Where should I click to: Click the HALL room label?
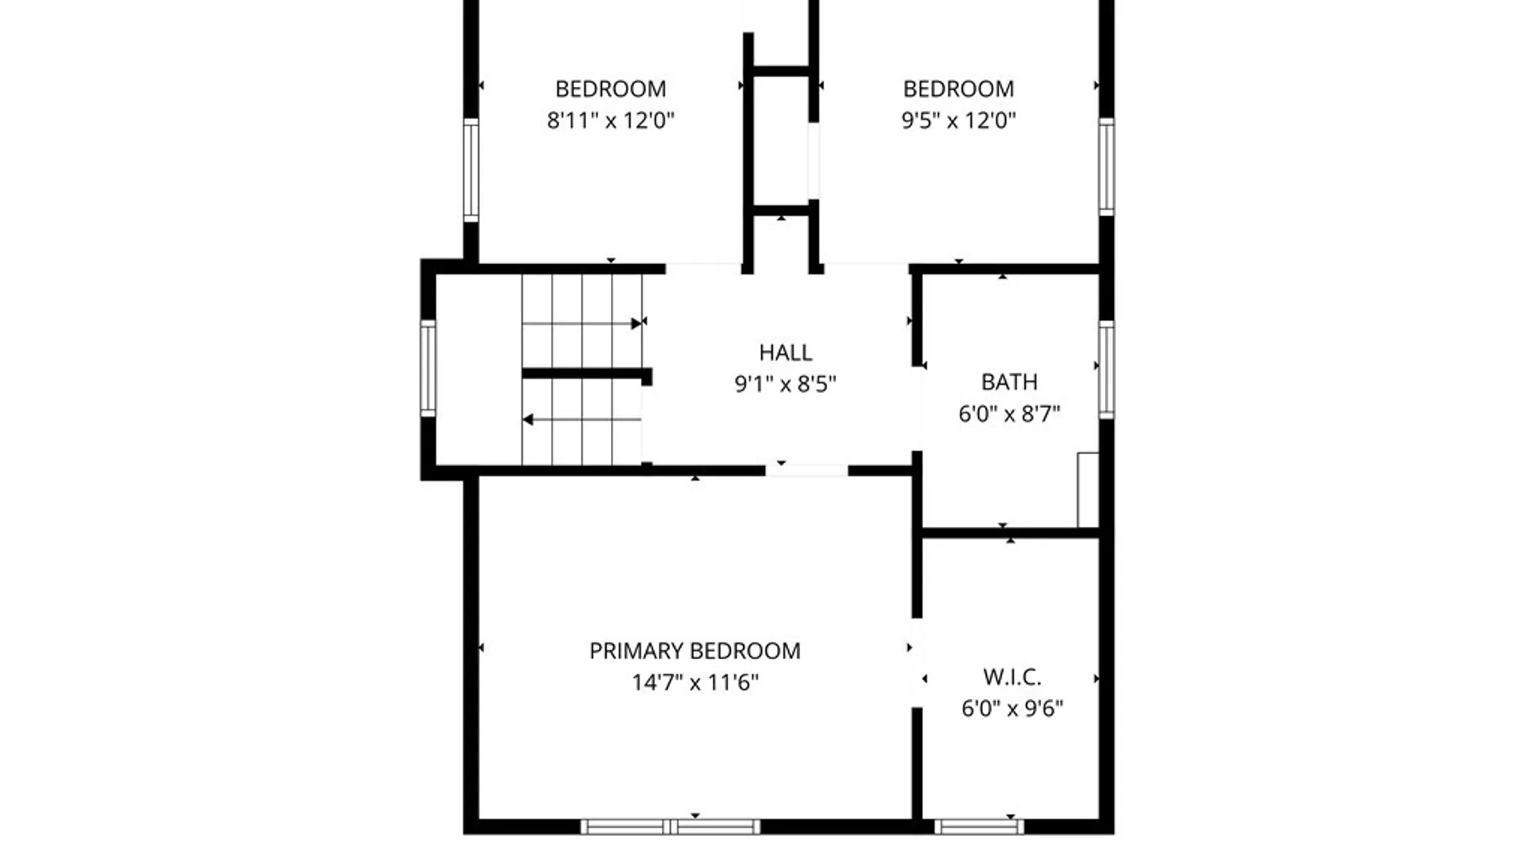point(786,352)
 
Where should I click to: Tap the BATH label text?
point(1009,382)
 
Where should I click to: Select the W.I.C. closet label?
point(1012,677)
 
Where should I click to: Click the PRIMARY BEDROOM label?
point(695,650)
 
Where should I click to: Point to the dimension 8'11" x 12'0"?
point(611,121)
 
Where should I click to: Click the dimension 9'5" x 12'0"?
point(958,121)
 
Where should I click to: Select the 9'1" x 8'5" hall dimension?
point(786,384)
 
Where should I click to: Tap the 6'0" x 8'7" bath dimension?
point(1009,413)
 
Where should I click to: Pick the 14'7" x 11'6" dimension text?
point(695,682)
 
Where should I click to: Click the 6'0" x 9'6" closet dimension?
point(1012,708)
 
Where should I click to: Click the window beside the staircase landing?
point(428,368)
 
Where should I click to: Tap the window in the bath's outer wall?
point(1106,370)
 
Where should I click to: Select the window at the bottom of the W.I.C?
point(979,826)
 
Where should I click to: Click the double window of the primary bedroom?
point(671,826)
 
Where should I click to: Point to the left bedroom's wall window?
point(471,170)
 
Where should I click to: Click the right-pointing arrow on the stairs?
point(583,323)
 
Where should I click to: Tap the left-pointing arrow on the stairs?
point(582,419)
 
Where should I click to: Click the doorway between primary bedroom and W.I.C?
point(917,662)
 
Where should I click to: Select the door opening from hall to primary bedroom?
point(806,471)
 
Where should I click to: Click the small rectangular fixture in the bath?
point(1087,490)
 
